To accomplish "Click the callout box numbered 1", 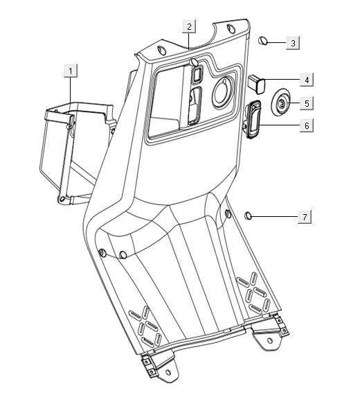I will (x=71, y=70).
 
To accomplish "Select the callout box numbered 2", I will (x=188, y=26).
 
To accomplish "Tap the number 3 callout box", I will (x=293, y=43).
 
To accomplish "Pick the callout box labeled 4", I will (x=305, y=81).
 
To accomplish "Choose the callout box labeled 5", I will (x=305, y=104).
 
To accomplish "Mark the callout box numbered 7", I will (x=303, y=217).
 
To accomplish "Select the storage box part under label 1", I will (x=73, y=152).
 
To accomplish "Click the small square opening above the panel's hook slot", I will (x=196, y=73).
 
